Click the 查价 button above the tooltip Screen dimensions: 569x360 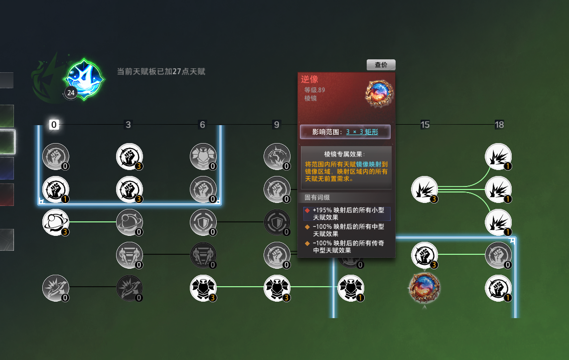pyautogui.click(x=381, y=65)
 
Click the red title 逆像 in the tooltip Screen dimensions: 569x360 pyautogui.click(x=309, y=79)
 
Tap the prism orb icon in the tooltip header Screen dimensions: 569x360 pyautogui.click(x=379, y=94)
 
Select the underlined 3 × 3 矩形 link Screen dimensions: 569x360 pyautogui.click(x=362, y=132)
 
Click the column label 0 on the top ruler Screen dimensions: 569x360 pyautogui.click(x=54, y=125)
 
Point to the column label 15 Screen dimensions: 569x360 pyautogui.click(x=425, y=125)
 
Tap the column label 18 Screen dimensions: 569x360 pyautogui.click(x=499, y=125)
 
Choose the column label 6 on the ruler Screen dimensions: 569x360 pyautogui.click(x=202, y=125)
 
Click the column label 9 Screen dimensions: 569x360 pyautogui.click(x=277, y=125)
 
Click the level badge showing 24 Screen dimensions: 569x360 pyautogui.click(x=71, y=93)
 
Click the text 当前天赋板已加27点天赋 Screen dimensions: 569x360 pyautogui.click(x=161, y=72)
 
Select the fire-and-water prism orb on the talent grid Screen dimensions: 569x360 pyautogui.click(x=425, y=288)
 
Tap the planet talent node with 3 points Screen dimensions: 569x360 pyautogui.click(x=55, y=222)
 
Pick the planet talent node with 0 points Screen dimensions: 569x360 pyautogui.click(x=130, y=222)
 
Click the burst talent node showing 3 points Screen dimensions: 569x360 pyautogui.click(x=425, y=189)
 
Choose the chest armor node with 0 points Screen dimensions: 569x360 pyautogui.click(x=203, y=157)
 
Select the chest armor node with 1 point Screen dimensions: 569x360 pyautogui.click(x=351, y=288)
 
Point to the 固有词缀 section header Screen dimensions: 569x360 pyautogui.click(x=317, y=197)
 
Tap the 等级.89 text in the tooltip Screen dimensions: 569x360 pyautogui.click(x=314, y=90)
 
